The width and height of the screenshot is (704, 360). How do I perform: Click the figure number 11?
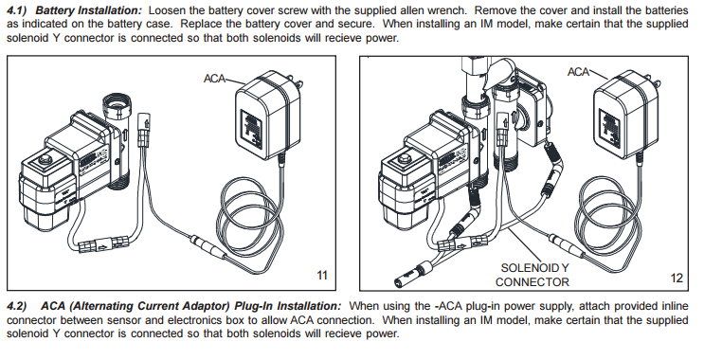[x=321, y=276]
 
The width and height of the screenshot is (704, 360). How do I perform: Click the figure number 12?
[x=676, y=277]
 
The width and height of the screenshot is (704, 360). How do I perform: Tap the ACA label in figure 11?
[x=215, y=77]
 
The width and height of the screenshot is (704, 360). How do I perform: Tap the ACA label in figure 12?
[x=579, y=71]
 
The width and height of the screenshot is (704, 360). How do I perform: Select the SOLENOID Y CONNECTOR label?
[x=533, y=275]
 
